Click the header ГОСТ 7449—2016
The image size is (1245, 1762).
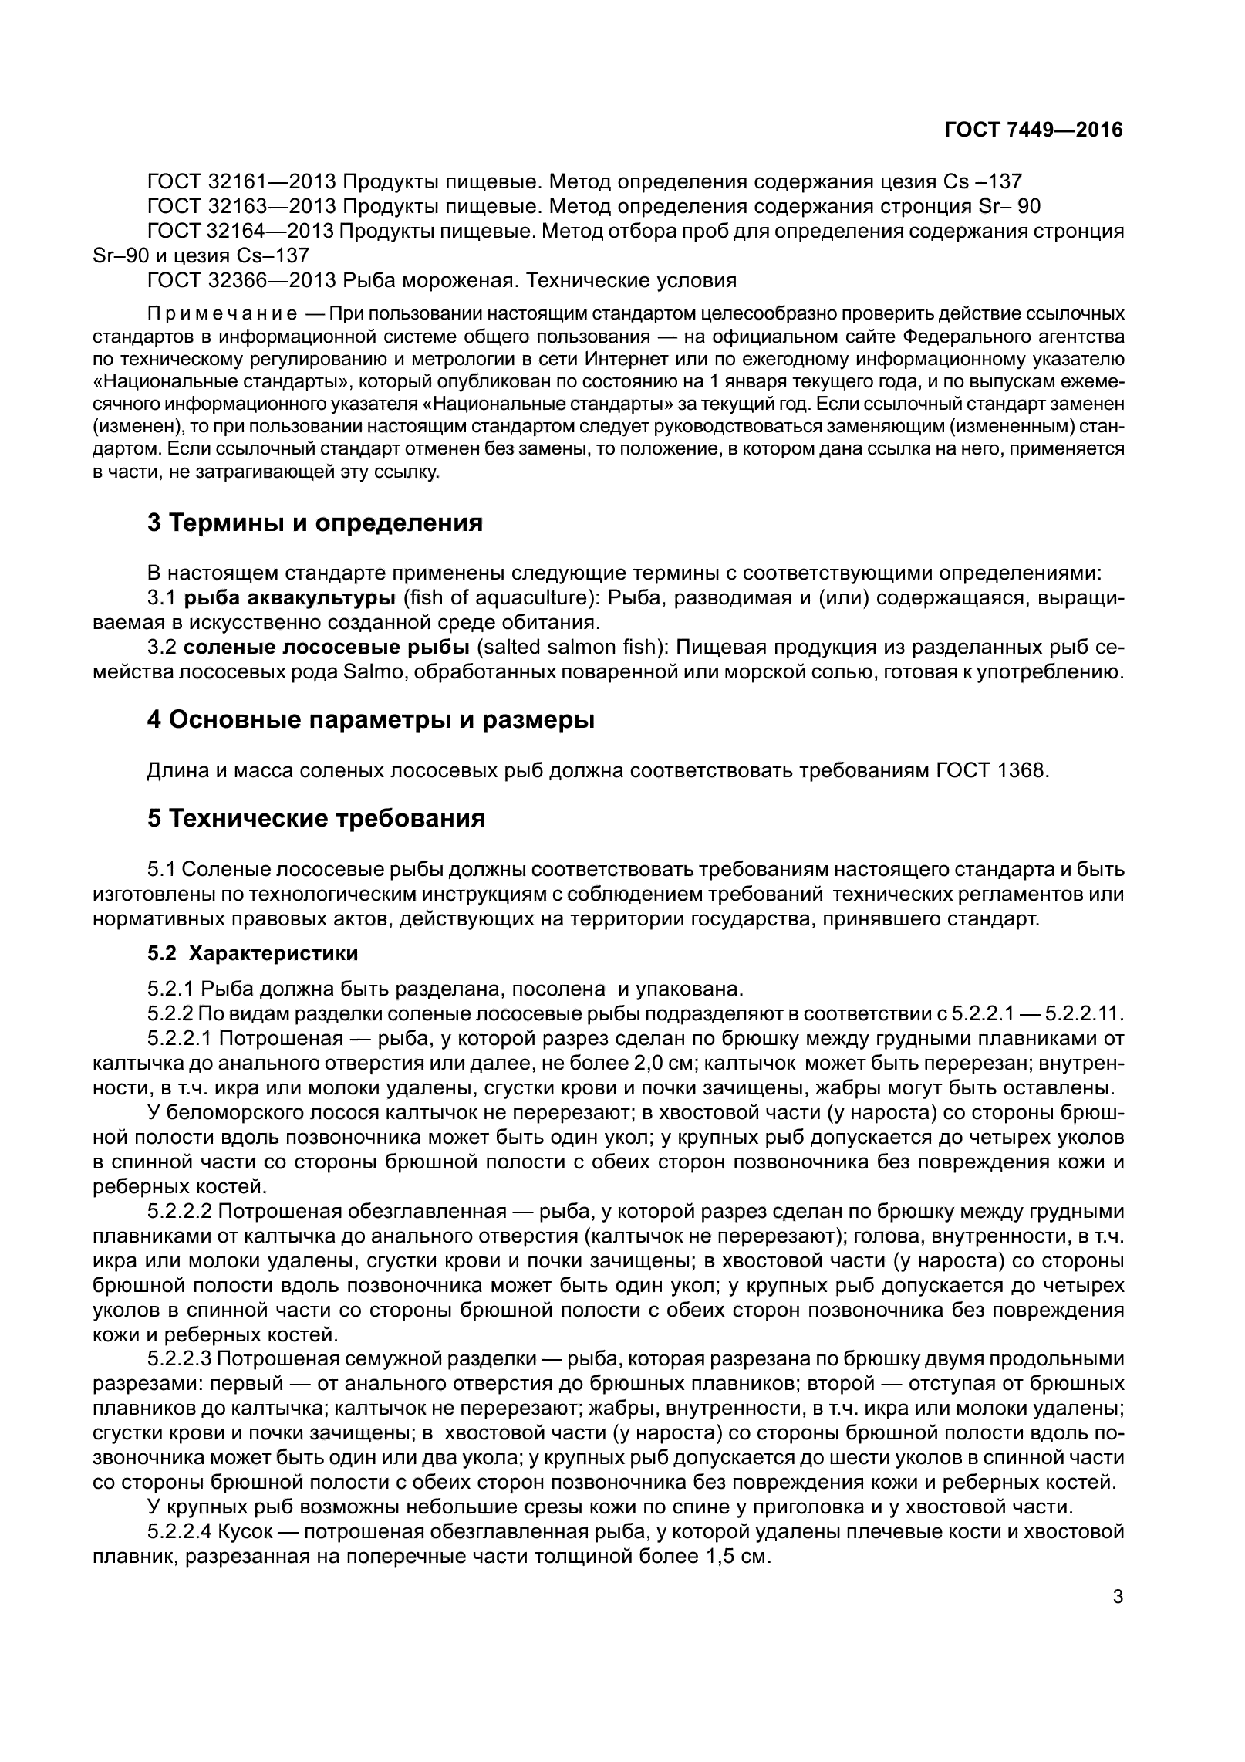tap(1033, 130)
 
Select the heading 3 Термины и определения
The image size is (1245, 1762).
tap(315, 523)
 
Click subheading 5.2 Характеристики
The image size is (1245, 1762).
tap(253, 953)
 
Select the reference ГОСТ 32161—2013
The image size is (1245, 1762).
tap(241, 181)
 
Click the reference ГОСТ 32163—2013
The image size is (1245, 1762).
tap(241, 206)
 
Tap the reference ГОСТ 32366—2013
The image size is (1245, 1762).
tap(241, 280)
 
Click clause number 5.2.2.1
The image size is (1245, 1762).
tap(181, 1039)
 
